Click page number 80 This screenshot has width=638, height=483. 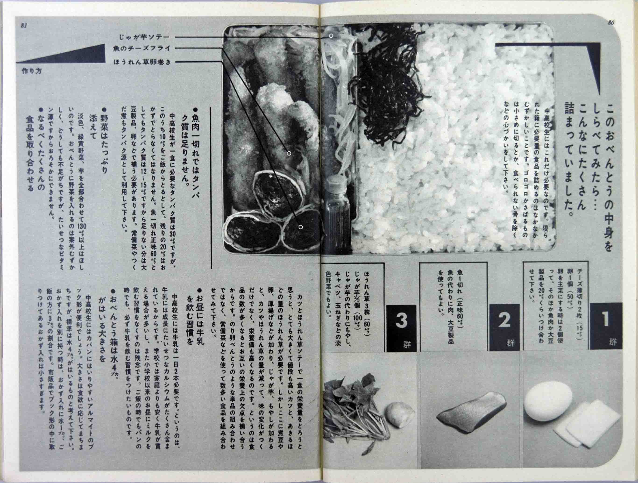tap(611, 23)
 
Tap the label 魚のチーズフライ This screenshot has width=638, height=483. tap(142, 49)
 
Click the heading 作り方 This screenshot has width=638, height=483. tap(32, 71)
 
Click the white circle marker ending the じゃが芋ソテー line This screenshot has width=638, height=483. tap(331, 36)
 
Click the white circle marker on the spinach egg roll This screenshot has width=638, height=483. tap(301, 227)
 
